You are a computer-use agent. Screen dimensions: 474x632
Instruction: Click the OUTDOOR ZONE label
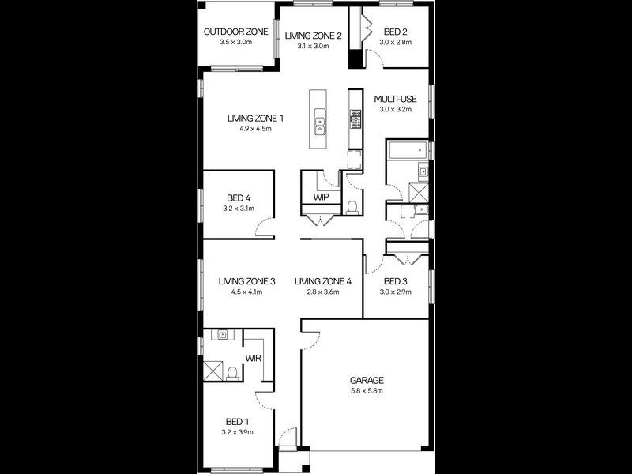(235, 32)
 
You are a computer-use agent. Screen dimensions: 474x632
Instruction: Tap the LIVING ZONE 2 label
(314, 36)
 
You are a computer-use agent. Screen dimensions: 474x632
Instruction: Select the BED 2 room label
(396, 32)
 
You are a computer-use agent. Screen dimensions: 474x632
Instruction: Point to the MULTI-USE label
(396, 99)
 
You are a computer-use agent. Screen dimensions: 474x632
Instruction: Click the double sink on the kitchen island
(320, 122)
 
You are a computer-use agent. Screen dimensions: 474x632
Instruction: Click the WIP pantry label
(321, 197)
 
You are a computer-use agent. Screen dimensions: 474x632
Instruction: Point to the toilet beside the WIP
(352, 208)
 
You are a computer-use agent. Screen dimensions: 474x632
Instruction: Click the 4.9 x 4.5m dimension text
(255, 129)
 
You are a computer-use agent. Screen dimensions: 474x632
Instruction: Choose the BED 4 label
(239, 197)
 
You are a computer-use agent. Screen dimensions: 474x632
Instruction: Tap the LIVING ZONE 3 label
(247, 281)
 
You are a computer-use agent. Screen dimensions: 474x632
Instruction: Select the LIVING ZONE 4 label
(322, 281)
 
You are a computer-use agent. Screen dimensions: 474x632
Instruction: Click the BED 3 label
(396, 281)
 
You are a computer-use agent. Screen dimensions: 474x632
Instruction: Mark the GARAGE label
(367, 380)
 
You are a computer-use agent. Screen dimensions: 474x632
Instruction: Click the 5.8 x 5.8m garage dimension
(367, 390)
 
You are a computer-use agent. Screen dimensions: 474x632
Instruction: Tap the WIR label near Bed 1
(254, 358)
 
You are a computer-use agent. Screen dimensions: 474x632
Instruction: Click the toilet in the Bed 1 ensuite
(231, 371)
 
